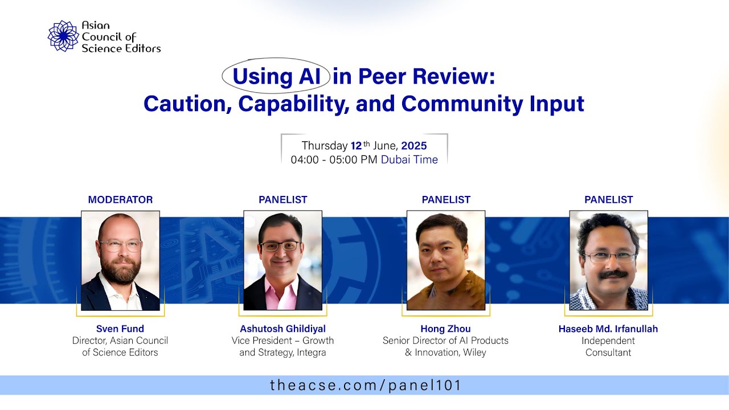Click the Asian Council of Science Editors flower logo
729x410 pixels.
pyautogui.click(x=63, y=36)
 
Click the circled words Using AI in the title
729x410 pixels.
pyautogui.click(x=276, y=76)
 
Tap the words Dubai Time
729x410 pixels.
pyautogui.click(x=409, y=160)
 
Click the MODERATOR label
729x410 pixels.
pyautogui.click(x=120, y=200)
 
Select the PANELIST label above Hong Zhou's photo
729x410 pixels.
pyautogui.click(x=446, y=200)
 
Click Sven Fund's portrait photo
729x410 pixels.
pyautogui.click(x=120, y=260)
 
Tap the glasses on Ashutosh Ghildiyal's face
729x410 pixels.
pyautogui.click(x=280, y=246)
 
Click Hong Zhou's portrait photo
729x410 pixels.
pyautogui.click(x=446, y=260)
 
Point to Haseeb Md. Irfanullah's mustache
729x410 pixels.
pyautogui.click(x=613, y=274)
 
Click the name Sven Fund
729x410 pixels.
pyautogui.click(x=120, y=329)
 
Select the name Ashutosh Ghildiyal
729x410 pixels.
pyautogui.click(x=282, y=329)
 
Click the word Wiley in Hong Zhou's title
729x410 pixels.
pyautogui.click(x=474, y=353)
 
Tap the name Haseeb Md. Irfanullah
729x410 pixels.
pyautogui.click(x=608, y=329)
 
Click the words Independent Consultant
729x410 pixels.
pyautogui.click(x=608, y=347)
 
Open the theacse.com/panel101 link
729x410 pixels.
pyautogui.click(x=364, y=386)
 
